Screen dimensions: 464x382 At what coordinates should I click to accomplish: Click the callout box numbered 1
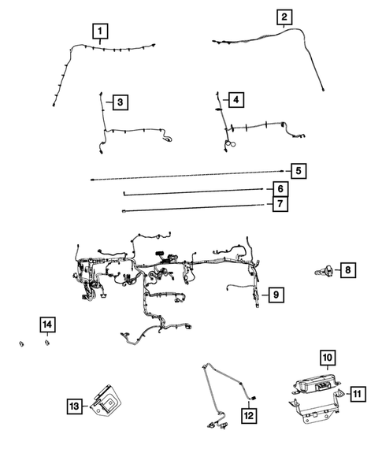tap(99, 32)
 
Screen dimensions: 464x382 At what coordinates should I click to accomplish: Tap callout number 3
tap(119, 102)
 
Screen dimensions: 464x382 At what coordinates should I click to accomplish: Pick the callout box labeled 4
tap(235, 99)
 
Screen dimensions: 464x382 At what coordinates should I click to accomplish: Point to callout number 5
tap(298, 171)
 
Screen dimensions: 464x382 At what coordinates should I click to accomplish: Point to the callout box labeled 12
tap(248, 414)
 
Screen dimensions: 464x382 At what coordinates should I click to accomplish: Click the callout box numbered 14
tap(48, 325)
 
